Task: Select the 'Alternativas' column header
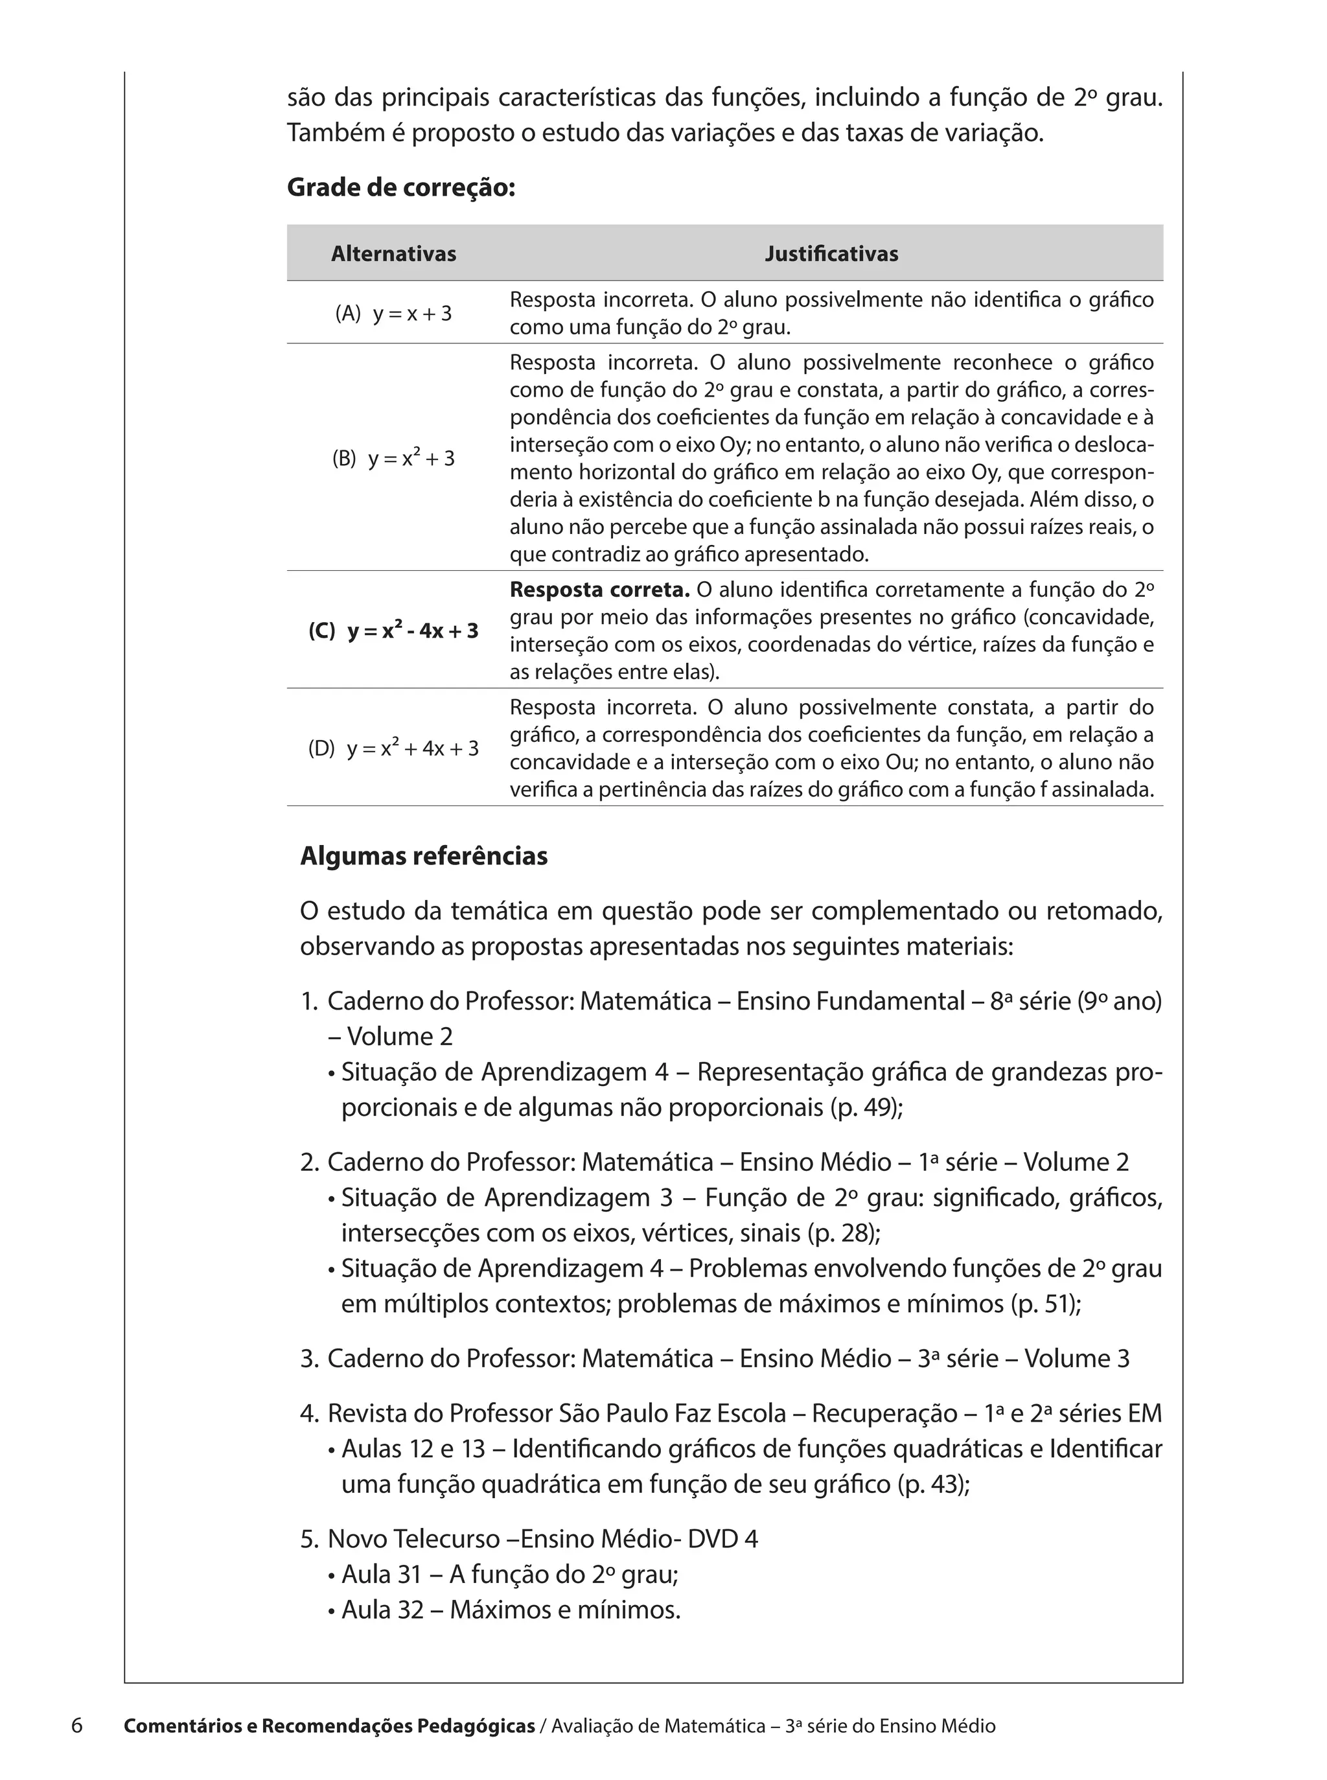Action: point(393,254)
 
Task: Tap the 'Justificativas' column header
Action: point(831,254)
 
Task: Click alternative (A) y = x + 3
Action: point(393,313)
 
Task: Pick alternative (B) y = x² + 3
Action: point(393,459)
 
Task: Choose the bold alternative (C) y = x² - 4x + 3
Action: point(393,630)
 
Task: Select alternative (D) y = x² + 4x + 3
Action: point(393,748)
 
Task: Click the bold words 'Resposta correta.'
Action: point(599,590)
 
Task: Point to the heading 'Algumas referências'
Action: point(423,856)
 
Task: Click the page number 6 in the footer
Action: point(77,1726)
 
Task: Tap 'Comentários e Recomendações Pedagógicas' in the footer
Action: point(329,1726)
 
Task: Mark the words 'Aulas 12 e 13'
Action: point(413,1448)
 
